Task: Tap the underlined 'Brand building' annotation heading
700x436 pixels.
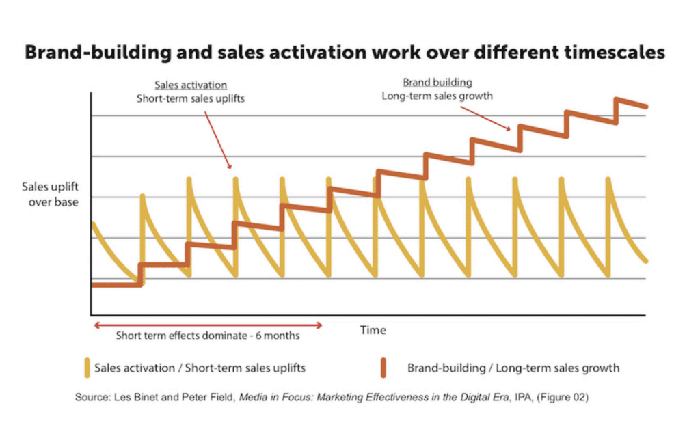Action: (437, 83)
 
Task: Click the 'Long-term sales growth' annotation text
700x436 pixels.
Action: (437, 96)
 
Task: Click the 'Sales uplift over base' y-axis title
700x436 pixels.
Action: (50, 193)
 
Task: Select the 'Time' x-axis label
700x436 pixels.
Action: (373, 330)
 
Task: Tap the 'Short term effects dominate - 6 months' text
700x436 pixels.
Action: (207, 336)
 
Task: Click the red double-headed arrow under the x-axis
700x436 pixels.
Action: (207, 325)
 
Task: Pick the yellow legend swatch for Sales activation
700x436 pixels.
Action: (86, 368)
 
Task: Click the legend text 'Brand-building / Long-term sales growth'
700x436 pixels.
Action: (513, 368)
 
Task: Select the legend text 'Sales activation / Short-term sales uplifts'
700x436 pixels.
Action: (200, 368)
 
